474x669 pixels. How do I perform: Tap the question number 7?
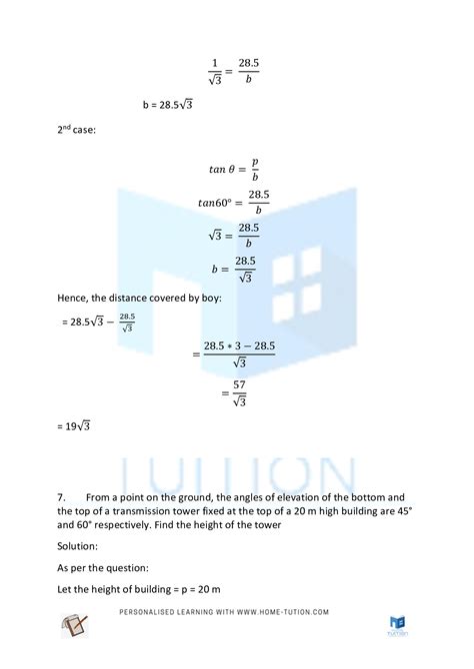(62, 495)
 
